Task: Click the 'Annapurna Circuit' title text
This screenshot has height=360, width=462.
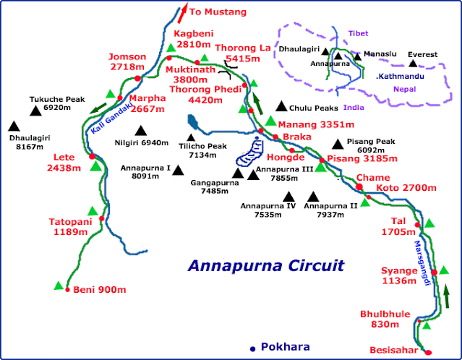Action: coord(265,265)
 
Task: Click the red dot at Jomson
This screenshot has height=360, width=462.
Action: coord(138,77)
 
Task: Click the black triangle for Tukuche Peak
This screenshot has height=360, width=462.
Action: coord(35,111)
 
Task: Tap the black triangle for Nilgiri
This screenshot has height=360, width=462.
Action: coord(140,132)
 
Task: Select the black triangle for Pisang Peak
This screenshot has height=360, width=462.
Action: coord(336,144)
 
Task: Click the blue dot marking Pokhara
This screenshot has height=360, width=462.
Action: coord(252,348)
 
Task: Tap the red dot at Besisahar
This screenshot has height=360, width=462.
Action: coord(428,352)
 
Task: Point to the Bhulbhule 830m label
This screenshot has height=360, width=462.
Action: coord(385,319)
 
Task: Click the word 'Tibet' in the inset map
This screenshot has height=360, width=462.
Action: coord(358,34)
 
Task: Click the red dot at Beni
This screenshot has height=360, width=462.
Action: coord(69,291)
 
